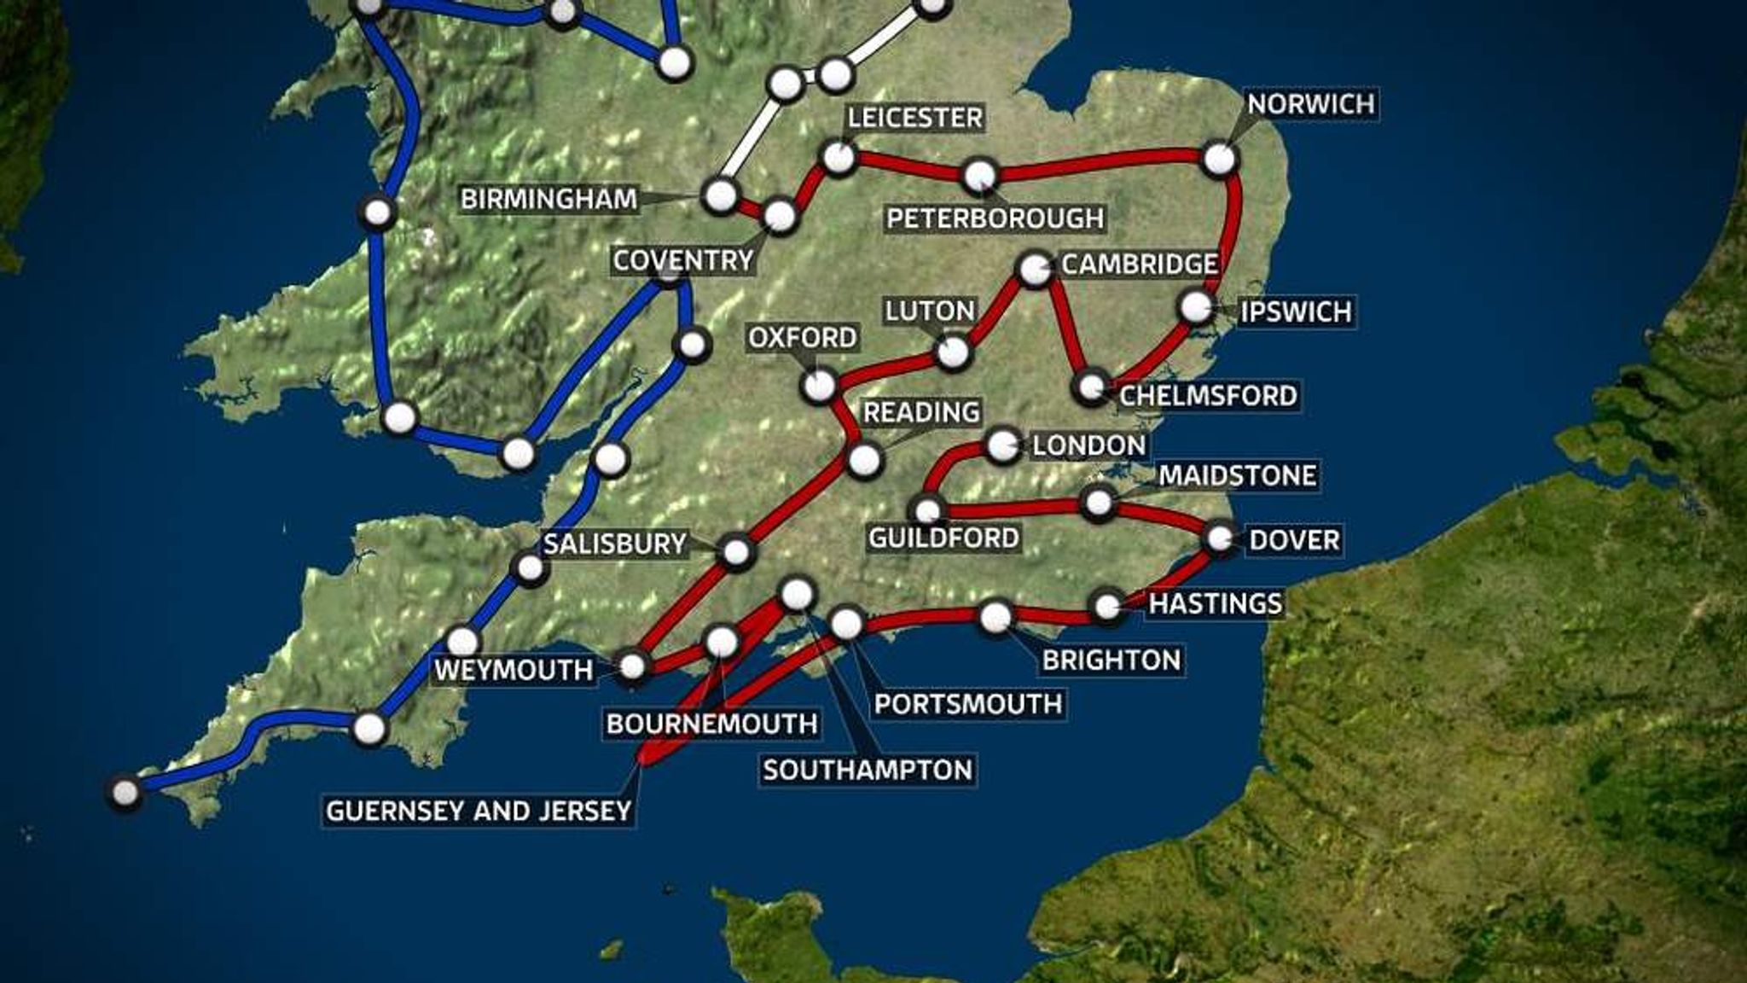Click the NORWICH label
[x=1311, y=105]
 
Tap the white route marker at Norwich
[x=1220, y=159]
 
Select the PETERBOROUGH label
[x=995, y=218]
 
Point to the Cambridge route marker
[x=1035, y=270]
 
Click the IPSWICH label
[x=1296, y=311]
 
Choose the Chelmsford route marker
[x=1090, y=387]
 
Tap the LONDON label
[x=1088, y=445]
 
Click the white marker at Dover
[x=1221, y=538]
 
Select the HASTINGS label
[x=1215, y=604]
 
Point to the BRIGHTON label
[x=1111, y=660]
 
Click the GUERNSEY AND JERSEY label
[x=479, y=811]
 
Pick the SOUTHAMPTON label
[x=868, y=771]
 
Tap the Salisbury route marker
[x=736, y=552]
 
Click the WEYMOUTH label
[x=514, y=671]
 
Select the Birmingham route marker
[x=721, y=195]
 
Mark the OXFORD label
[x=802, y=339]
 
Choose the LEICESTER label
[x=914, y=118]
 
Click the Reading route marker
[x=864, y=460]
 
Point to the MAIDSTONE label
[x=1237, y=476]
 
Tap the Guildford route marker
[x=928, y=510]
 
